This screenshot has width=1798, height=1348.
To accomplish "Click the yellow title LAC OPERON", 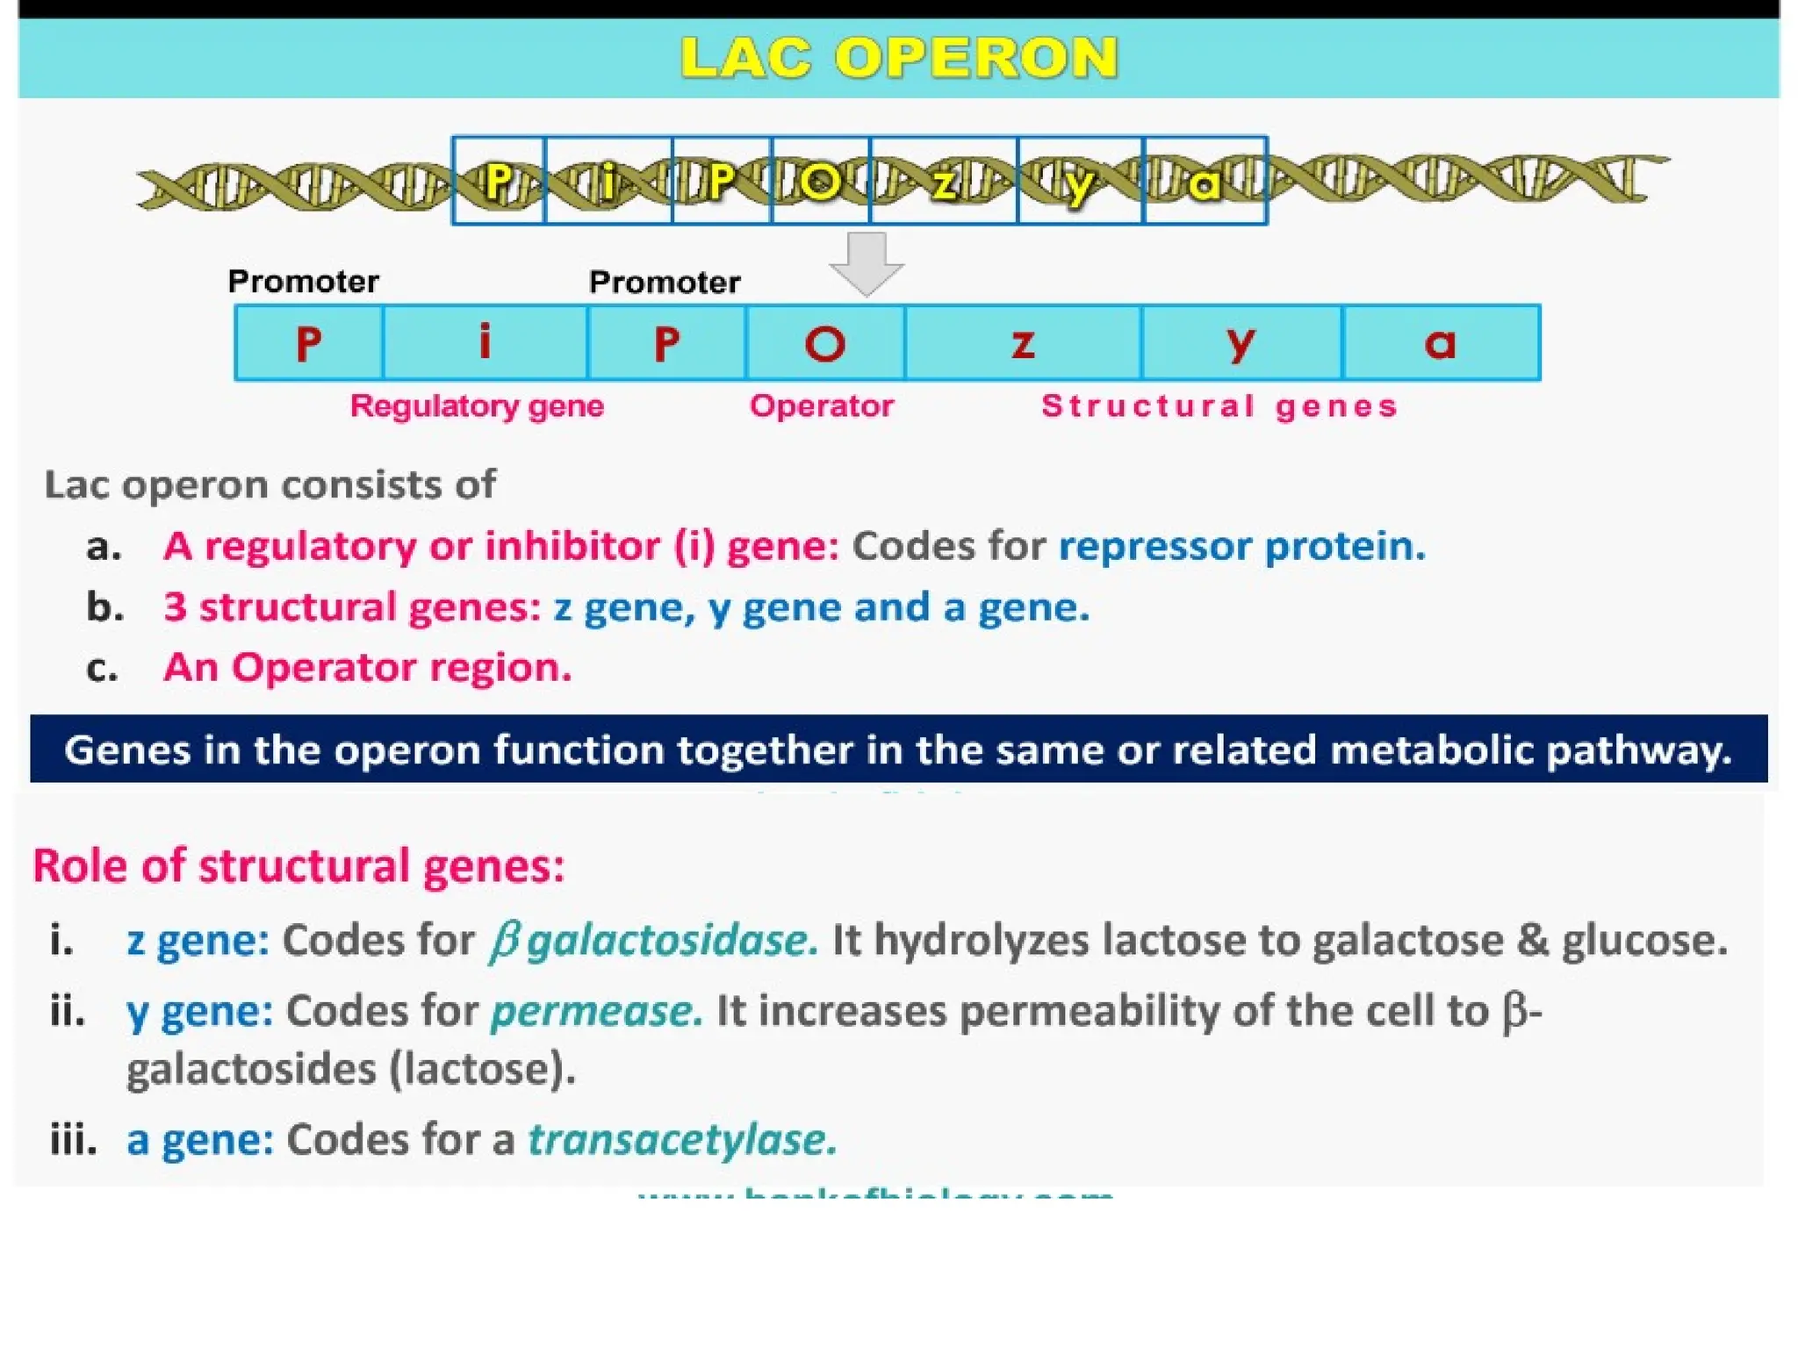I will point(899,58).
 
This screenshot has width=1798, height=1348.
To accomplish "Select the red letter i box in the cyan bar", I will point(485,342).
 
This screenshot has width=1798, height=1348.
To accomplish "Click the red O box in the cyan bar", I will point(825,343).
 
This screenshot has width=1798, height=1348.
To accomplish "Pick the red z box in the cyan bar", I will point(1023,343).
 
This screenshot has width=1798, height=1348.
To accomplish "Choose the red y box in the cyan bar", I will point(1241,343).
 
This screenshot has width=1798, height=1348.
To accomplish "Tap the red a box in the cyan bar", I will point(1440,343).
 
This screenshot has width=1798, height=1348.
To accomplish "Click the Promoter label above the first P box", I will point(303,282).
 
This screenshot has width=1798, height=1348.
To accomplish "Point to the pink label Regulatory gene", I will point(477,406).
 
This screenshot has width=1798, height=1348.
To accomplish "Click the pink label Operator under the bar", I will point(821,406).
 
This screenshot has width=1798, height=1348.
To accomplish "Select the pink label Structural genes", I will point(1219,406).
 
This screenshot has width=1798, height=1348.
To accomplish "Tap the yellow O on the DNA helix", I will point(820,183).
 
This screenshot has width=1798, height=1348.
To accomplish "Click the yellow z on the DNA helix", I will point(945,183).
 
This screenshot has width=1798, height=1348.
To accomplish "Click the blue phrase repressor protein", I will point(1241,546).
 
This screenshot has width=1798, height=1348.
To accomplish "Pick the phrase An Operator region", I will point(367,668).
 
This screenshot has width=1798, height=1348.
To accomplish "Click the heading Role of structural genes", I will point(298,865).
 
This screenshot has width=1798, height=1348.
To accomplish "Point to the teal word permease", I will point(596,1011).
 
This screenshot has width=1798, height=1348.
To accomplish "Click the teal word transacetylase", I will point(682,1140).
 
